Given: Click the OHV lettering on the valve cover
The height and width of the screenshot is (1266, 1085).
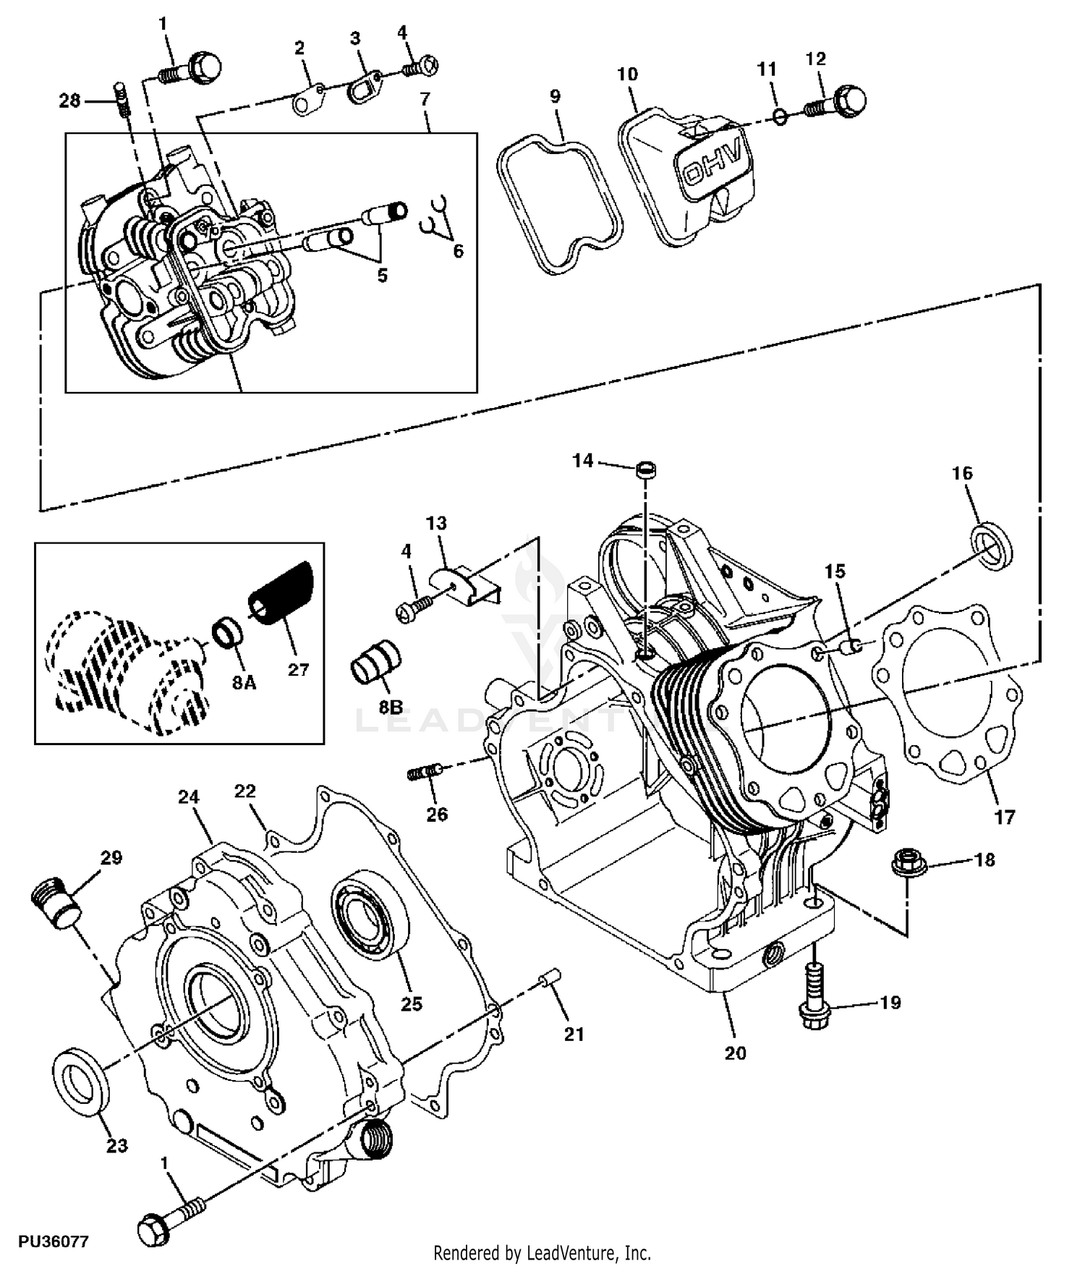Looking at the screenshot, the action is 712,162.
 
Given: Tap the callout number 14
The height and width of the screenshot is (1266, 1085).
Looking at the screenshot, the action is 583,461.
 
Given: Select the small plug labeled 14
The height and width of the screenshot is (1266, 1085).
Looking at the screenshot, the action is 646,470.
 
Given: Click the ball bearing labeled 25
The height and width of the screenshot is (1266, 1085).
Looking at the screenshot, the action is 369,915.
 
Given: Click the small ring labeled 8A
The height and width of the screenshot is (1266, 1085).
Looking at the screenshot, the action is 226,631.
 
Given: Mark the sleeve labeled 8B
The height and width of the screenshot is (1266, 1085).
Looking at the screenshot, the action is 375,660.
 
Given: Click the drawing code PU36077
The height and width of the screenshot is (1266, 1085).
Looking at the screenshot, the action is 54,1241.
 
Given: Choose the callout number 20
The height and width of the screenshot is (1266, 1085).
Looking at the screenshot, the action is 736,1053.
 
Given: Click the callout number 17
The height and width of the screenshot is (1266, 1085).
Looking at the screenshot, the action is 1005,817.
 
